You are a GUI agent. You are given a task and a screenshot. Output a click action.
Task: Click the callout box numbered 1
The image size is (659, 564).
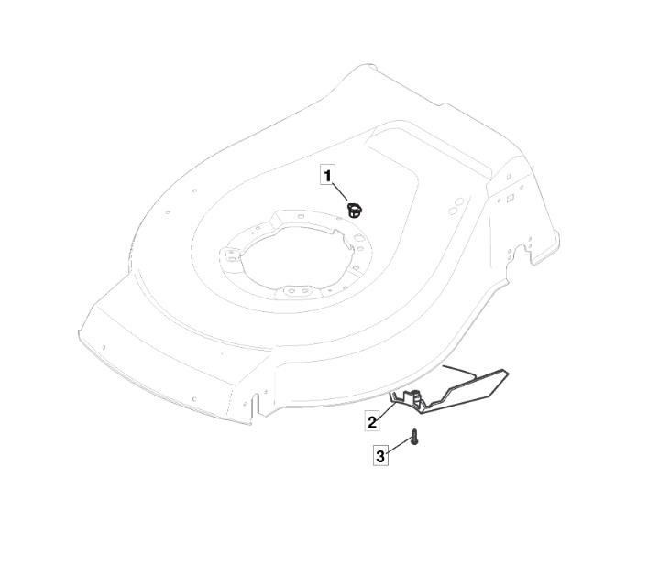click(328, 174)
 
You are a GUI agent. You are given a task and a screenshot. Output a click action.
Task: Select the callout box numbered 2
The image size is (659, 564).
click(372, 421)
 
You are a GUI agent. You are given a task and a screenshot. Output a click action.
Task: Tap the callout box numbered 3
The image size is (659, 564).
click(380, 456)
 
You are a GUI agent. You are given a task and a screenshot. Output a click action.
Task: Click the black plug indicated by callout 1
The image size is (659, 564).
click(355, 211)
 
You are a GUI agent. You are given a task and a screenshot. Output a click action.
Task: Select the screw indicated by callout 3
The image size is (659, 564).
click(415, 437)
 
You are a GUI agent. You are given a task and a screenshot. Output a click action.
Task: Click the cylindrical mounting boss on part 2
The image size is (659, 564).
click(416, 396)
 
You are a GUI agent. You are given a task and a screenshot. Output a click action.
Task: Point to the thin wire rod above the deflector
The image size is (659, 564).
click(459, 371)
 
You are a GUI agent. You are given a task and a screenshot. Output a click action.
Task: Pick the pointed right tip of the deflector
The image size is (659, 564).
click(507, 373)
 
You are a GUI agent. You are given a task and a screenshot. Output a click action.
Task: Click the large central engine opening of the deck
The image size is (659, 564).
click(294, 257)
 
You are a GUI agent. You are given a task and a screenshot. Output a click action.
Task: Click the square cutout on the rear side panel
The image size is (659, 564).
click(511, 197)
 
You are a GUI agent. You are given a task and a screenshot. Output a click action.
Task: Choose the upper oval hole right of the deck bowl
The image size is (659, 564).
click(459, 201)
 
